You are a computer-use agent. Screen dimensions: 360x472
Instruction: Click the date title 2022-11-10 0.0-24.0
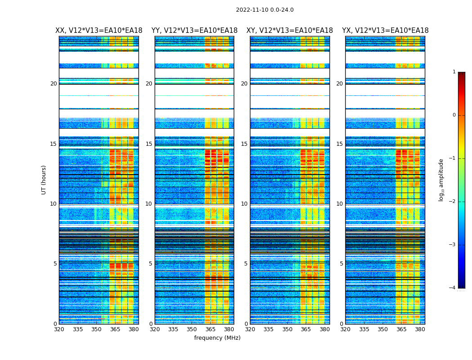(x=265, y=10)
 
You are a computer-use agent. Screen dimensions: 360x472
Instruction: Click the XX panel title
(x=99, y=31)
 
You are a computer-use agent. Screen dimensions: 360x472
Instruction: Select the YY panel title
(x=194, y=31)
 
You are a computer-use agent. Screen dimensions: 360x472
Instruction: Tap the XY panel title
(x=289, y=31)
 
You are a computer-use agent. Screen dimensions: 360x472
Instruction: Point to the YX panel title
(x=385, y=31)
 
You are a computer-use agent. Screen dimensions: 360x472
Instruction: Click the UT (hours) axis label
(x=44, y=180)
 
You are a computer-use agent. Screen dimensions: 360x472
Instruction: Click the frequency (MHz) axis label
(x=217, y=338)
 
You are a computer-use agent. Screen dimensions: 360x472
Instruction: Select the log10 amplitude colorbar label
(x=441, y=180)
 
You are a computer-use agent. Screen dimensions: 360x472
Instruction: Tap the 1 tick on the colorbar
(x=454, y=72)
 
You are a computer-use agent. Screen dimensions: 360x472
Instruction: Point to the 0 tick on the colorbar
(x=454, y=115)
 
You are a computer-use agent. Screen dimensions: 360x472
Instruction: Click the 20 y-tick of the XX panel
(x=53, y=84)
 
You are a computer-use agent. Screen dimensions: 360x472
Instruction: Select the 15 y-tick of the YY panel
(x=149, y=144)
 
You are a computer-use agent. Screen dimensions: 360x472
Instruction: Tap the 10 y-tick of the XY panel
(x=244, y=204)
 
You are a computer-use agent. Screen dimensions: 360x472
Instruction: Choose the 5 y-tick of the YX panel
(x=342, y=264)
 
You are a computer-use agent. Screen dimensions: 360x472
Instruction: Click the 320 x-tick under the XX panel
(x=59, y=329)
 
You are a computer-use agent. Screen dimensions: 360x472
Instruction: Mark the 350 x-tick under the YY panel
(x=192, y=329)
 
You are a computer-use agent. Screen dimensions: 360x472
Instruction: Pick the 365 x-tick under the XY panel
(x=306, y=329)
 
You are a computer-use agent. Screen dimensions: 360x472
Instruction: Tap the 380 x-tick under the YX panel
(x=420, y=329)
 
